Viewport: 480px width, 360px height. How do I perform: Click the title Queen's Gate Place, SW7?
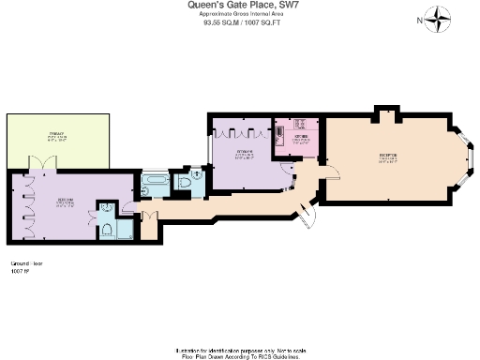tap(240, 6)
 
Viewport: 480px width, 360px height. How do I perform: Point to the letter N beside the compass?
tap(418, 18)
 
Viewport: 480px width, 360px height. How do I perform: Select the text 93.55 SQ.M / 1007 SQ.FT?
tap(240, 25)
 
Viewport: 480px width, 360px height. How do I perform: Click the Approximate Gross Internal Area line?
tap(240, 16)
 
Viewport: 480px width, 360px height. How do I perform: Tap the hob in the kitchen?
tap(301, 124)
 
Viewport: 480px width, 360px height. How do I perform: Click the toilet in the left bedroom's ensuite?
tap(110, 230)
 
